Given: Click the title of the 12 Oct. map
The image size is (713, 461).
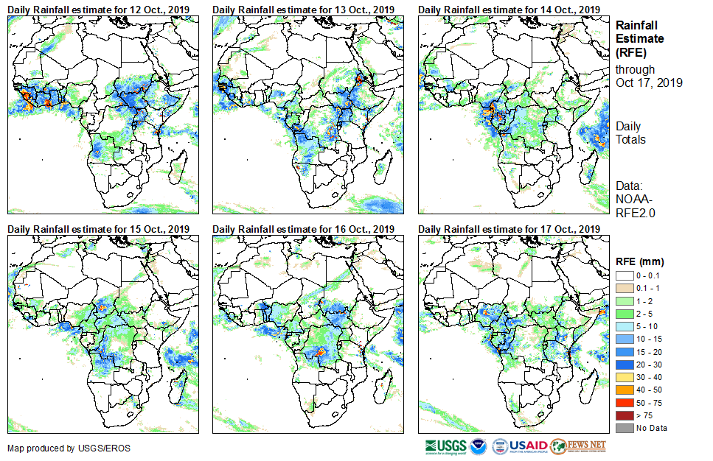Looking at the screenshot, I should [99, 9].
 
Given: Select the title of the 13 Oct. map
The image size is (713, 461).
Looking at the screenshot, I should [304, 9].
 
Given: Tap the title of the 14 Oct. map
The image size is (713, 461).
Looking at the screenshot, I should [509, 9].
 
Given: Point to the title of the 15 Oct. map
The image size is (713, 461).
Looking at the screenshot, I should [99, 229].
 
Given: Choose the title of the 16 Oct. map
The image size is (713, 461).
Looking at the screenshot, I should [304, 229].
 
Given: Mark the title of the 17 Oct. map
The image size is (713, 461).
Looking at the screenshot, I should [509, 229].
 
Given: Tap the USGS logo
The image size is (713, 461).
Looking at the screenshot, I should [445, 446].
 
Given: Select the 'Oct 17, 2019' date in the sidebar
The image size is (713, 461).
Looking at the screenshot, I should [649, 82].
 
